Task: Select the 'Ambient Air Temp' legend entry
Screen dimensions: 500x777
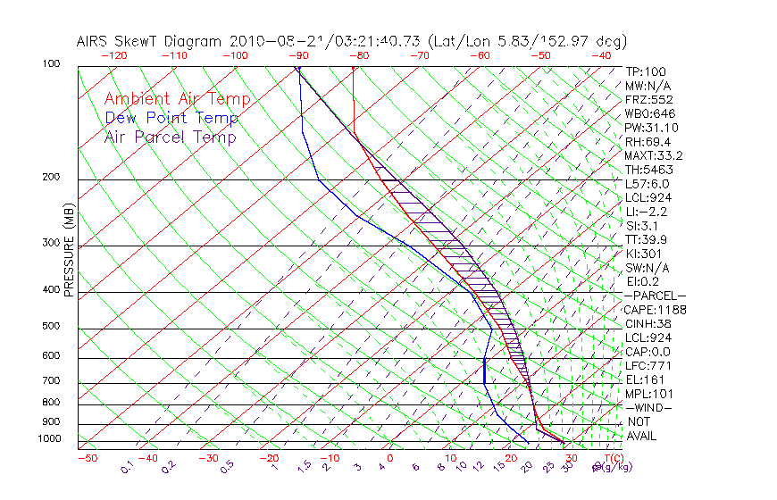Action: tap(177, 99)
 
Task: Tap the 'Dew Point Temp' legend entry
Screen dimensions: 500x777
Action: tap(171, 118)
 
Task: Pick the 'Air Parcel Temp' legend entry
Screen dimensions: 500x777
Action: tap(170, 137)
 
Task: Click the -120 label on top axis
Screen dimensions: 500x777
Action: tap(113, 55)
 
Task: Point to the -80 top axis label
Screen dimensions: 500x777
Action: tap(358, 55)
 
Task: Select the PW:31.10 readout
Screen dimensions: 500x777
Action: tap(649, 128)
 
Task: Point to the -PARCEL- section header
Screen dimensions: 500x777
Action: tap(655, 296)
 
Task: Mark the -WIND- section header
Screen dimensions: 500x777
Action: tap(649, 407)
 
